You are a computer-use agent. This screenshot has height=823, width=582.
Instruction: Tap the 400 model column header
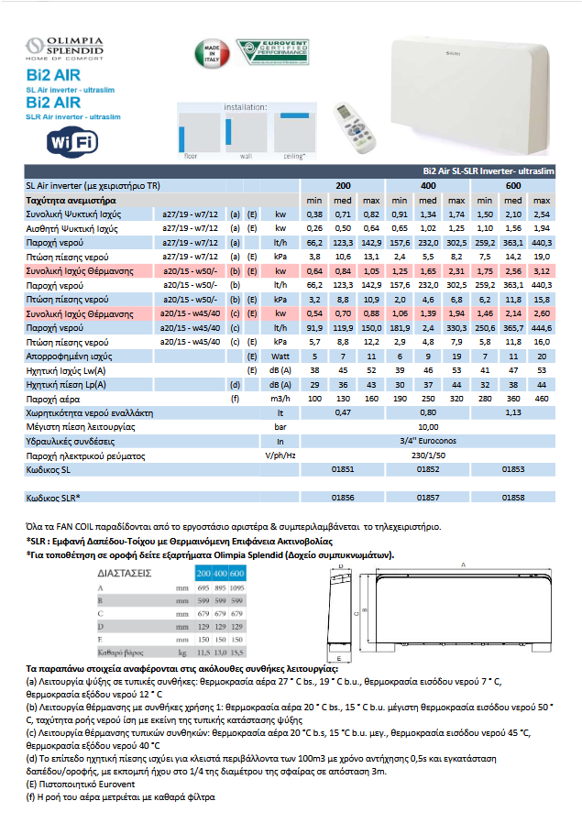(x=428, y=185)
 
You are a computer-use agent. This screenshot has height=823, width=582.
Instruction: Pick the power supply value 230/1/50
(x=427, y=455)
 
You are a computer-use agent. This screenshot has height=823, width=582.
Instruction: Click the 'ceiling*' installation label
(x=293, y=156)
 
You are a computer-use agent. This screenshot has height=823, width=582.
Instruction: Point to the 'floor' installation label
(x=191, y=156)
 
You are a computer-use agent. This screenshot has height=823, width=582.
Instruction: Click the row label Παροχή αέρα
(x=50, y=399)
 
